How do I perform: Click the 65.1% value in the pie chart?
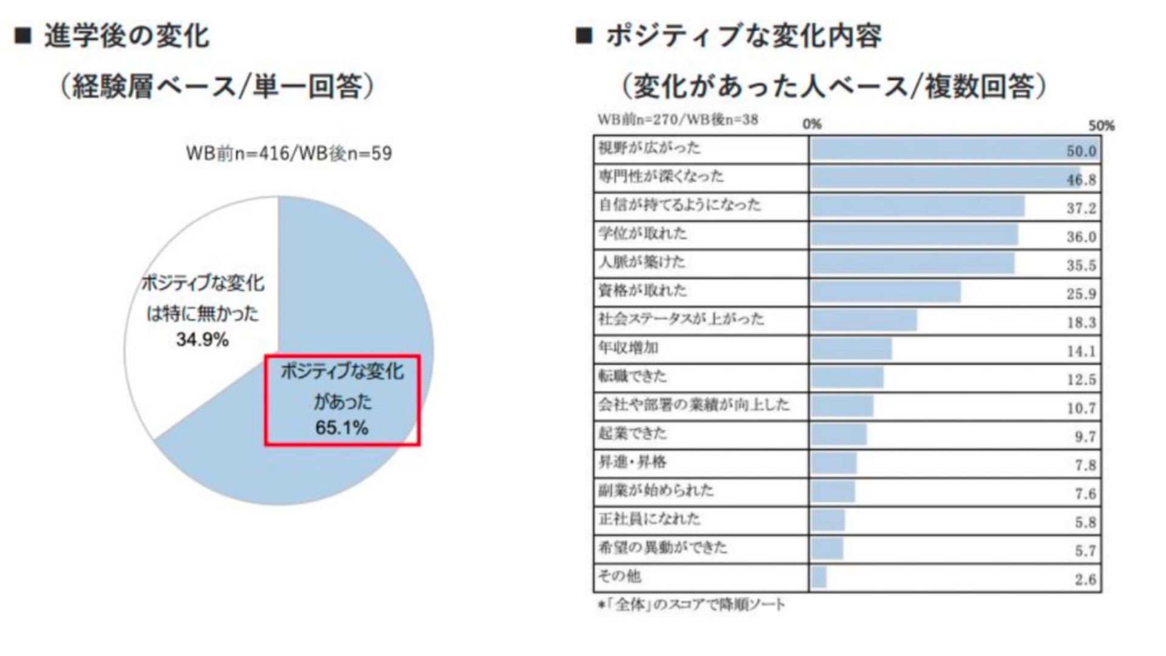[341, 428]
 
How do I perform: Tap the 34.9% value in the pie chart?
[202, 339]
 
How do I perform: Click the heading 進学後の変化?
[126, 36]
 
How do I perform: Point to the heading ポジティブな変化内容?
[743, 36]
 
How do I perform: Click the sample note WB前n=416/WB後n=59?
[289, 153]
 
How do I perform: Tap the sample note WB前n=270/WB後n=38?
[678, 120]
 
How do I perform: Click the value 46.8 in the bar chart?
[1081, 180]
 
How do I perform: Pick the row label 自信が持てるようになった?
[680, 205]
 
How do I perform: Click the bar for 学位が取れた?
[914, 234]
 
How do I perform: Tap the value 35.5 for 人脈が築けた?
[1081, 265]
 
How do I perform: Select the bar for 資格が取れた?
[885, 292]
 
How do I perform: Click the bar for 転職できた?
[847, 377]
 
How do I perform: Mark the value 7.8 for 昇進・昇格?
[1085, 465]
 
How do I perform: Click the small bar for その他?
[818, 577]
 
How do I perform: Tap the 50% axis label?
[1101, 126]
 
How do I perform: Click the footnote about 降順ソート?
[691, 605]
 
